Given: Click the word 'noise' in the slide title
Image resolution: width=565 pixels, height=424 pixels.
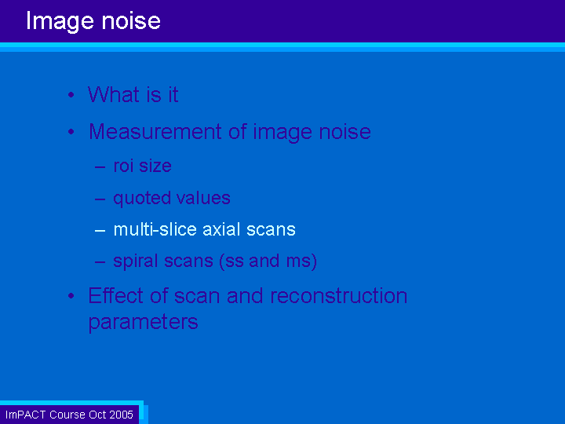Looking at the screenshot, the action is point(131,21).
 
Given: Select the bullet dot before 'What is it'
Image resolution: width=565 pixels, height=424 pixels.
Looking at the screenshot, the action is point(71,95).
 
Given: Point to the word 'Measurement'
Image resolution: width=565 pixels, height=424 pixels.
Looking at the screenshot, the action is point(155,132).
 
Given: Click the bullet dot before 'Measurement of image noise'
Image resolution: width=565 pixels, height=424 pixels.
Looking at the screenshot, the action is point(71,132).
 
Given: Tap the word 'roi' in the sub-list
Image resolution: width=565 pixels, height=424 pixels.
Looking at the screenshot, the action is point(123,166).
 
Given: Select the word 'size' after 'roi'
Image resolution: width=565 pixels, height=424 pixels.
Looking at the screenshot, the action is point(155,166).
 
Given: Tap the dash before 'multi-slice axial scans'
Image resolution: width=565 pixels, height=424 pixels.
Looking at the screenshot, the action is point(100,231).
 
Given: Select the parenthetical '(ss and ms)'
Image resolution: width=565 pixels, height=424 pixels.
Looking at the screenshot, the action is point(268,261).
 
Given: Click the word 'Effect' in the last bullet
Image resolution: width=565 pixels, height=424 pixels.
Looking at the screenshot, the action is point(115,296).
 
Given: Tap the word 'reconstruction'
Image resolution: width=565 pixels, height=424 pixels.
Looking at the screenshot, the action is point(339,296).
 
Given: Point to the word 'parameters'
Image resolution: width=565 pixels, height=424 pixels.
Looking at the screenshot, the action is point(143,323).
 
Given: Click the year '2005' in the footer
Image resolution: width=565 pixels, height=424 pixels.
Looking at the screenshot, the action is point(121,415).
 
